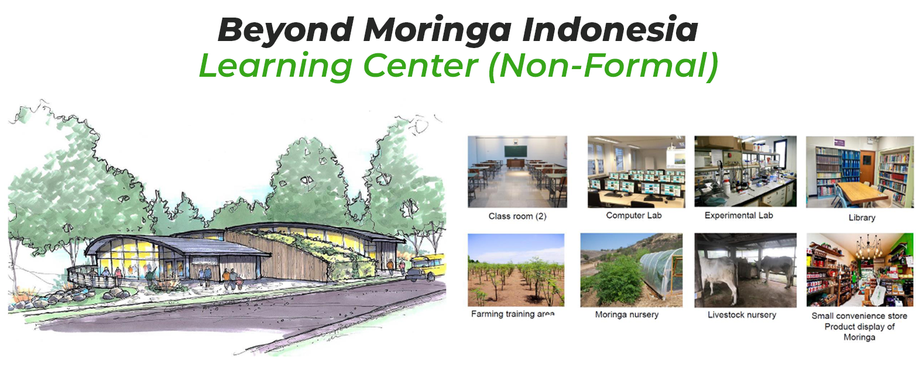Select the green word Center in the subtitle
[x=420, y=66]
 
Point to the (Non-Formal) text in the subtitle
[x=603, y=66]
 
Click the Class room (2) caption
[x=517, y=216]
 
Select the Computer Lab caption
[x=633, y=216]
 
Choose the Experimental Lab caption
[x=739, y=216]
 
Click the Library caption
[x=862, y=217]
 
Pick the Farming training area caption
[x=512, y=313]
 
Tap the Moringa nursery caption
[x=626, y=315]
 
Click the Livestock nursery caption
[x=742, y=315]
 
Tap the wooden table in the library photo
[x=859, y=193]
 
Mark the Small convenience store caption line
[x=859, y=316]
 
